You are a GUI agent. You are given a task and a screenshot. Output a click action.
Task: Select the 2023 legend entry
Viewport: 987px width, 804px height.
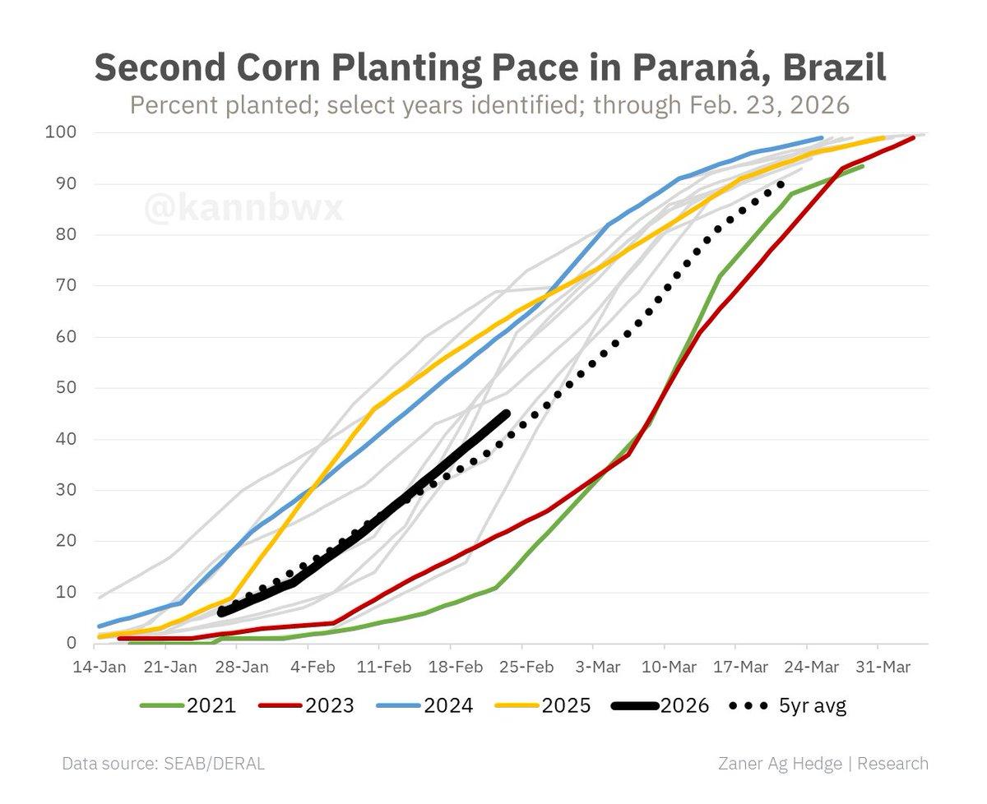305,705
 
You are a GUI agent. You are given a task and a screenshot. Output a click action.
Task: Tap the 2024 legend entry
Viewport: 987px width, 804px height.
424,705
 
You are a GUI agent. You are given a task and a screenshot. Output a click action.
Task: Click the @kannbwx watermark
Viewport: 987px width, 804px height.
243,208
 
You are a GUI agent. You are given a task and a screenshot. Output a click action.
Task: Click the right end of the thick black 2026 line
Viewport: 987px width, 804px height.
505,414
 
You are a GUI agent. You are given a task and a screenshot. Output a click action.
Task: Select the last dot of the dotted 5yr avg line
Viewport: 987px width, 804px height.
781,183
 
